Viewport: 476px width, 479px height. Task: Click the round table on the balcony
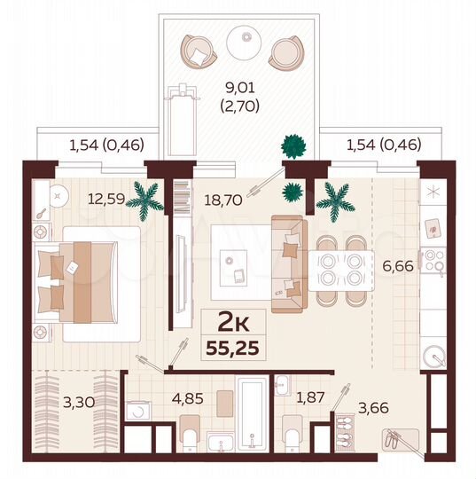(242, 41)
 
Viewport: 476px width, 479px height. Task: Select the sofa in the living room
(287, 263)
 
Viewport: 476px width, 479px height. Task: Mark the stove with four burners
(434, 261)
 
